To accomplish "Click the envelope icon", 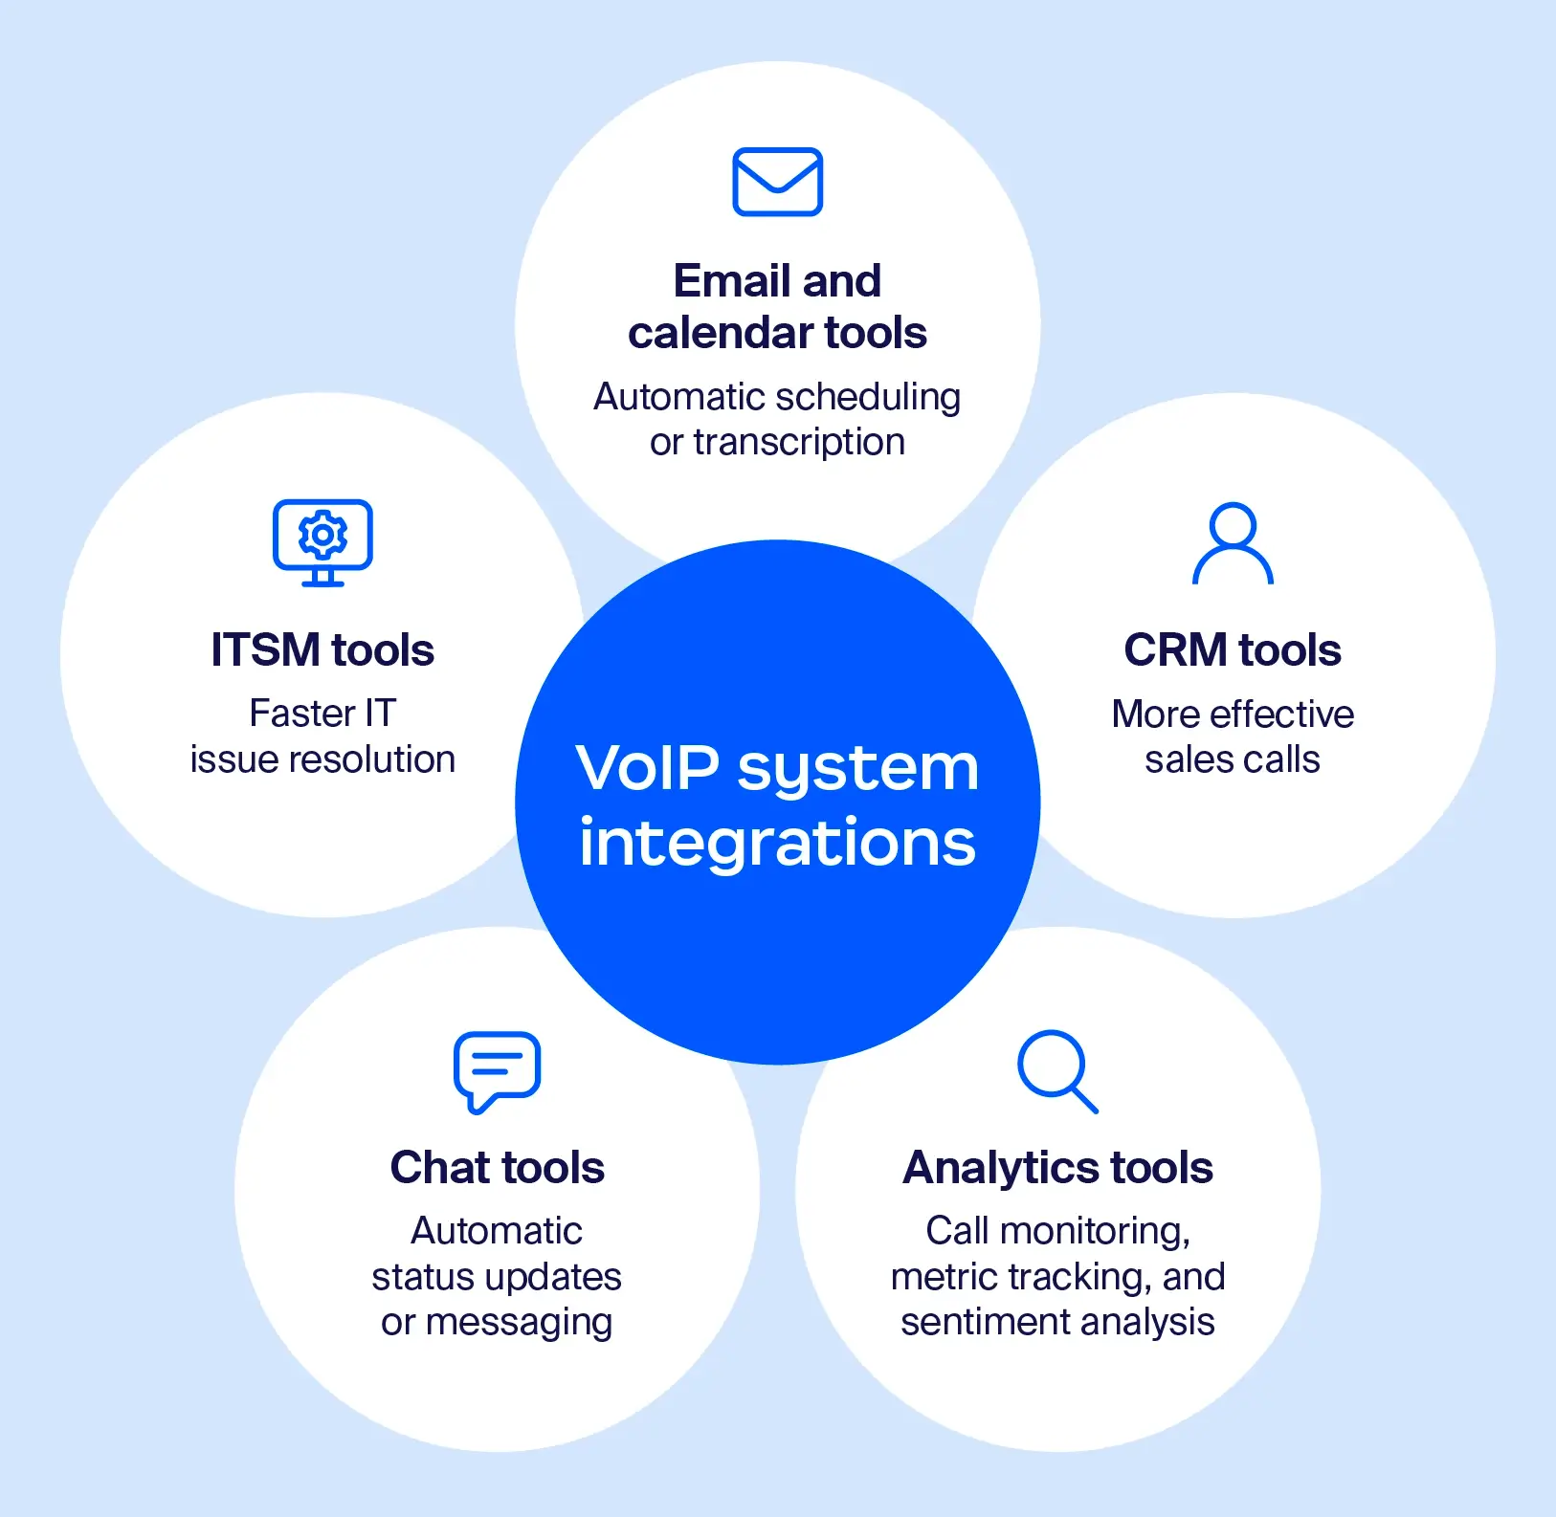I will [x=777, y=182].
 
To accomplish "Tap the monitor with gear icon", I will [x=322, y=541].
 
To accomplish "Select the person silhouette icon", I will [x=1233, y=542].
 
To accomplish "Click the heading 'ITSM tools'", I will [x=322, y=650].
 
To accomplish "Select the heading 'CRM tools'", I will [x=1233, y=650].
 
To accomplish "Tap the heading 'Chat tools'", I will [x=497, y=1168].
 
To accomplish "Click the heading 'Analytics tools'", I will [x=1057, y=1168].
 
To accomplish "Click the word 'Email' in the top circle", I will [x=731, y=281].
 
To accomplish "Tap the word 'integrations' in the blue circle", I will [x=777, y=844].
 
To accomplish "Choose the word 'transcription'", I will [x=798, y=443].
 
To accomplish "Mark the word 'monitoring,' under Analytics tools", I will [x=1095, y=1232].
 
